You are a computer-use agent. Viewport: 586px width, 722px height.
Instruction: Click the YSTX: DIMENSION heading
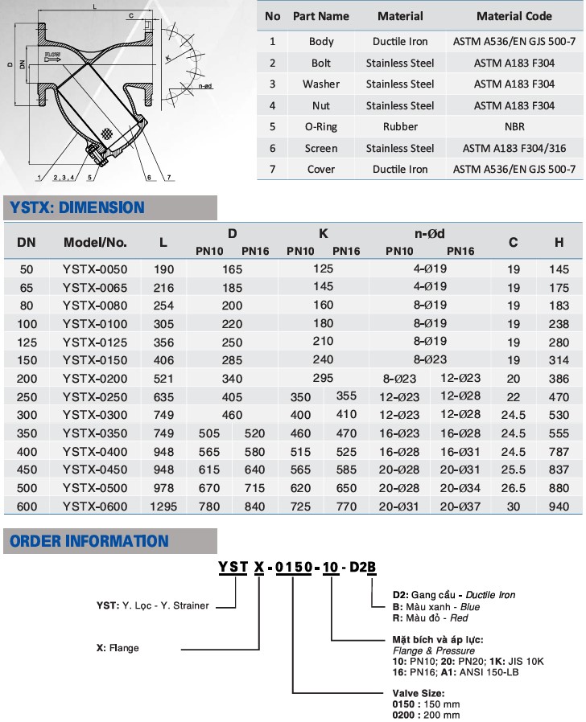77,207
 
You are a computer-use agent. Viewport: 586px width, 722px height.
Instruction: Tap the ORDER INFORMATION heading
89,541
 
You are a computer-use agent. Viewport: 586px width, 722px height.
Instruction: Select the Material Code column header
514,16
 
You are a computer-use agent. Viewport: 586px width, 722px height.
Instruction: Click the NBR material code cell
514,126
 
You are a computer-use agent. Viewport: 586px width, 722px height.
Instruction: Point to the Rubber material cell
400,126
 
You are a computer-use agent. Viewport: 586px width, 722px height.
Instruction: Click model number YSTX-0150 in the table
95,359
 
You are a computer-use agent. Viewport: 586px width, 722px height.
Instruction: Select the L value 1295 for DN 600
163,507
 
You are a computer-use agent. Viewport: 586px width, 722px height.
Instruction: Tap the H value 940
559,507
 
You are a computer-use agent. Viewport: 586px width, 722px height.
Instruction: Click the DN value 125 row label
27,342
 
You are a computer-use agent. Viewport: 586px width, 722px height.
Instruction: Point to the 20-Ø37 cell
461,507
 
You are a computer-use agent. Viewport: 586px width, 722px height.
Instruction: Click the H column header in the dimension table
559,241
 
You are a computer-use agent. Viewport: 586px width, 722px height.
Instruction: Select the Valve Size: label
418,692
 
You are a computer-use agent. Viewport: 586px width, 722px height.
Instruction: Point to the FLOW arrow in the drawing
53,57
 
